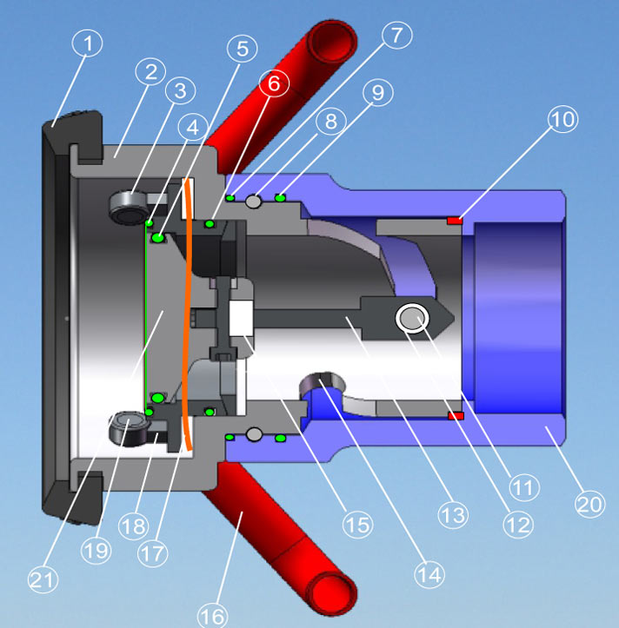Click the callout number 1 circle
(88, 43)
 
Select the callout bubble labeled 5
(243, 49)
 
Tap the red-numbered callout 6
(274, 83)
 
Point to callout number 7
(396, 35)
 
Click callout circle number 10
(562, 119)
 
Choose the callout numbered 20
(590, 504)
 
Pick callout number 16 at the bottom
(213, 615)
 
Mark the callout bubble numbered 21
(43, 578)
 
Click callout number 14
(429, 575)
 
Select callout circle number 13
(453, 515)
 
